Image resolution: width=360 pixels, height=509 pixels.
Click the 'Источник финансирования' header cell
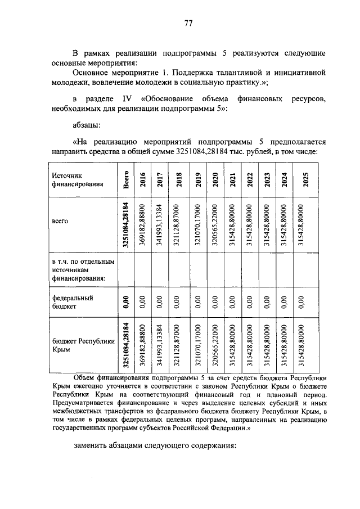(74, 179)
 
